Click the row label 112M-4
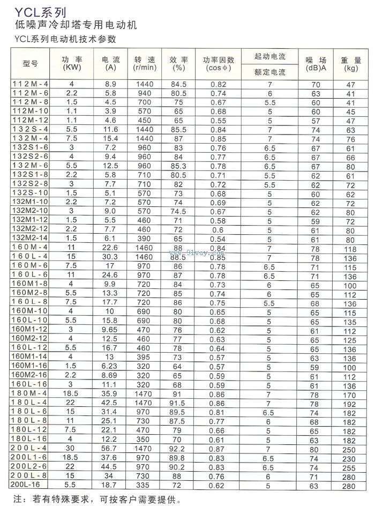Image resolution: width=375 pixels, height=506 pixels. (x=30, y=85)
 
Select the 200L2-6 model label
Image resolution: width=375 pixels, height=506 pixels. (x=30, y=467)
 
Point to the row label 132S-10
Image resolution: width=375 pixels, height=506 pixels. (x=30, y=193)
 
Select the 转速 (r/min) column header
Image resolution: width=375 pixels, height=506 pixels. (x=145, y=63)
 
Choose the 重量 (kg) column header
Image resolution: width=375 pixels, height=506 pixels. (x=351, y=63)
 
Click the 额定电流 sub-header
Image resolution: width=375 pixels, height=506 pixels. (x=270, y=72)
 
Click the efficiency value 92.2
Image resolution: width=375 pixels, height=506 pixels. (x=178, y=449)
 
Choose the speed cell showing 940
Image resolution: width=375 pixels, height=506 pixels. (x=145, y=93)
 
